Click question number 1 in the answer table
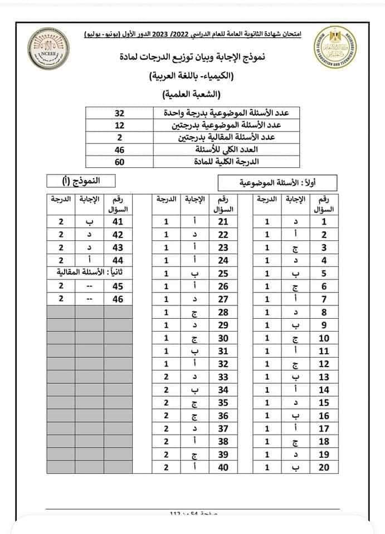324,221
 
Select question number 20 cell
324,467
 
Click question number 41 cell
118,221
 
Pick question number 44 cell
118,260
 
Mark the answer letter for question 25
194,273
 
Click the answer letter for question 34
194,389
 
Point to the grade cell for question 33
165,377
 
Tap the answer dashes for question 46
89,299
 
